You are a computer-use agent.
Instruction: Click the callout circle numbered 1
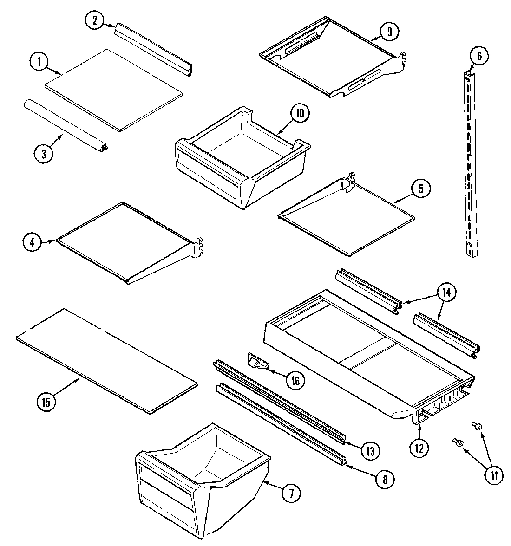coord(39,61)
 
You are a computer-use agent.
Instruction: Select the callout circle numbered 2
coord(94,19)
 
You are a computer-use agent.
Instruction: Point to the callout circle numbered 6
coord(479,56)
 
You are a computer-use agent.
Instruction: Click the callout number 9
coord(389,32)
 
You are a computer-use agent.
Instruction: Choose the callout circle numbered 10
coord(300,115)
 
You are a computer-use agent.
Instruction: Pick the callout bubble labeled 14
coord(446,292)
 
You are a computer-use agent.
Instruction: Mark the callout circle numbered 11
coord(493,475)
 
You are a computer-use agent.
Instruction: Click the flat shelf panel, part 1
coord(114,88)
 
